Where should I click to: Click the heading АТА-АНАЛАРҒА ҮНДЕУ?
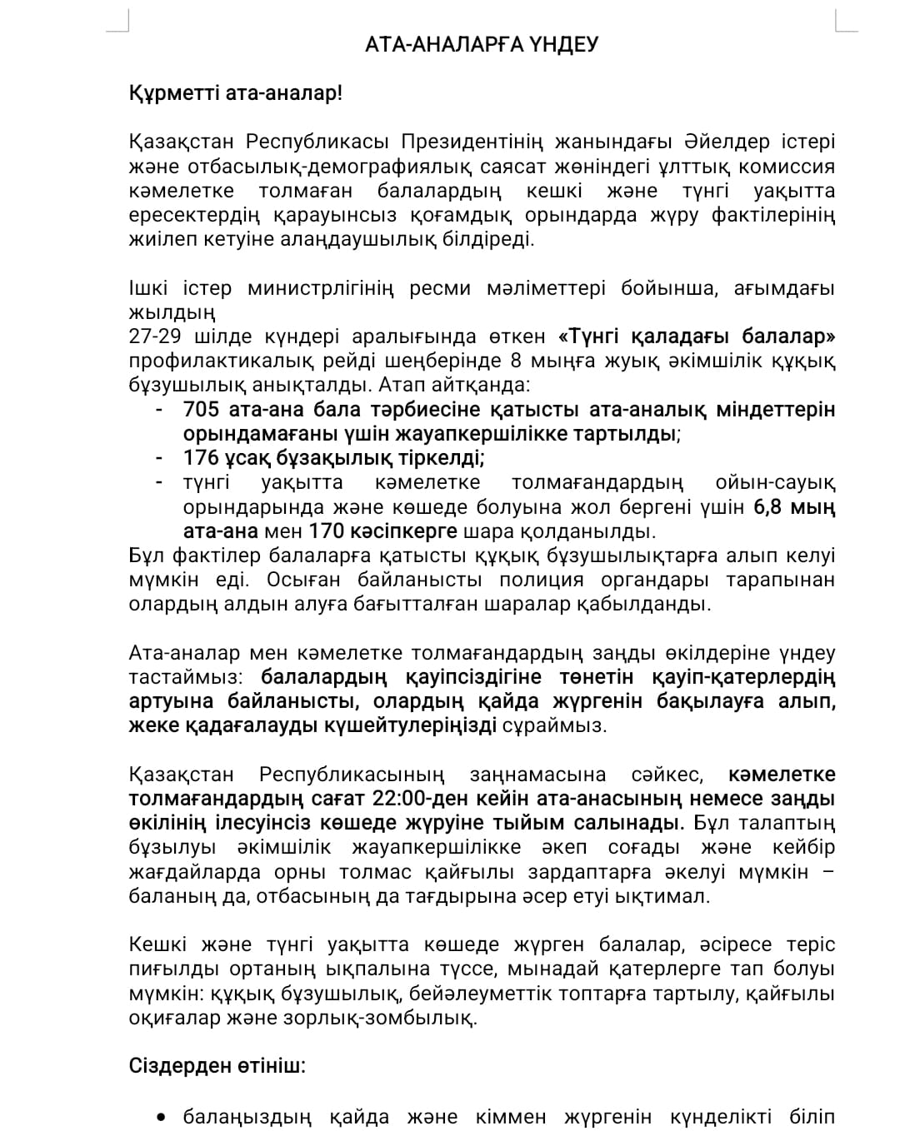click(482, 44)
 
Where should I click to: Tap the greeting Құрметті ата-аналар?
click(235, 93)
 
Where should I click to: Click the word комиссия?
click(782, 166)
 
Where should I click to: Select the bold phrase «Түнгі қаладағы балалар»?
click(697, 336)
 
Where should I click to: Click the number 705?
click(200, 409)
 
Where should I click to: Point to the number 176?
click(200, 457)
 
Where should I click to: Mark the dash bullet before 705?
click(158, 409)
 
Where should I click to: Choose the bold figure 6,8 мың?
click(794, 506)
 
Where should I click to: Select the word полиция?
click(542, 580)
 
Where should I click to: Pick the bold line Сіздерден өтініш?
click(217, 1066)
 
